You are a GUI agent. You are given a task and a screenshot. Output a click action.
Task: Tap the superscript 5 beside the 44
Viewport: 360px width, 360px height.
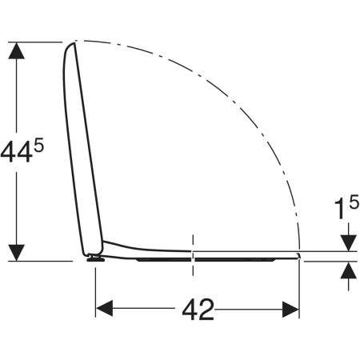click(38, 146)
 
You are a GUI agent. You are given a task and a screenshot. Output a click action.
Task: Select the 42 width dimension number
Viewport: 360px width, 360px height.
click(198, 310)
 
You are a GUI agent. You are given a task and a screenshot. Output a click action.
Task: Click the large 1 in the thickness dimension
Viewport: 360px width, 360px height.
click(339, 210)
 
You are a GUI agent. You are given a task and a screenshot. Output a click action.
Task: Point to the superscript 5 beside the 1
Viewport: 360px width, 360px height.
click(354, 202)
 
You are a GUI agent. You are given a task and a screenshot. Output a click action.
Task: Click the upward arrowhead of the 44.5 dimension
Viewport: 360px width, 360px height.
click(17, 50)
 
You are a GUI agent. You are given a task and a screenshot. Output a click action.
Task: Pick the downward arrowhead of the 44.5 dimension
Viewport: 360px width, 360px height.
click(17, 253)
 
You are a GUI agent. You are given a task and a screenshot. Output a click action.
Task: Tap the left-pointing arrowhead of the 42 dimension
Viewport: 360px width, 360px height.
click(104, 309)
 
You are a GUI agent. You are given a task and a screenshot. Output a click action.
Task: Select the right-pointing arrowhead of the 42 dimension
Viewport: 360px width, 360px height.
click(291, 310)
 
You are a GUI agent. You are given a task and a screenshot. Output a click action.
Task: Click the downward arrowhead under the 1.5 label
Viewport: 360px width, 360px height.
click(349, 243)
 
